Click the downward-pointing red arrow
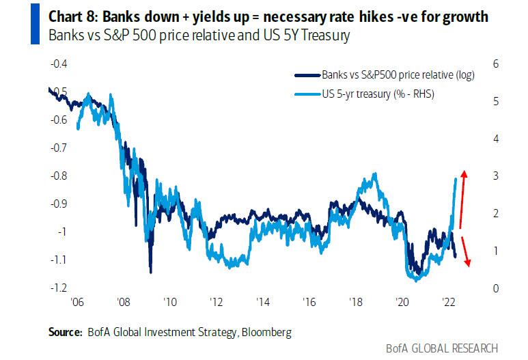[x=464, y=251]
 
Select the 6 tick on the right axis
[x=495, y=64]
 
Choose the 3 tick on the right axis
[x=495, y=176]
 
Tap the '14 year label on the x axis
[x=262, y=301]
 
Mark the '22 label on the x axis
[x=449, y=301]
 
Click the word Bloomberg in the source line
[x=268, y=332]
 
